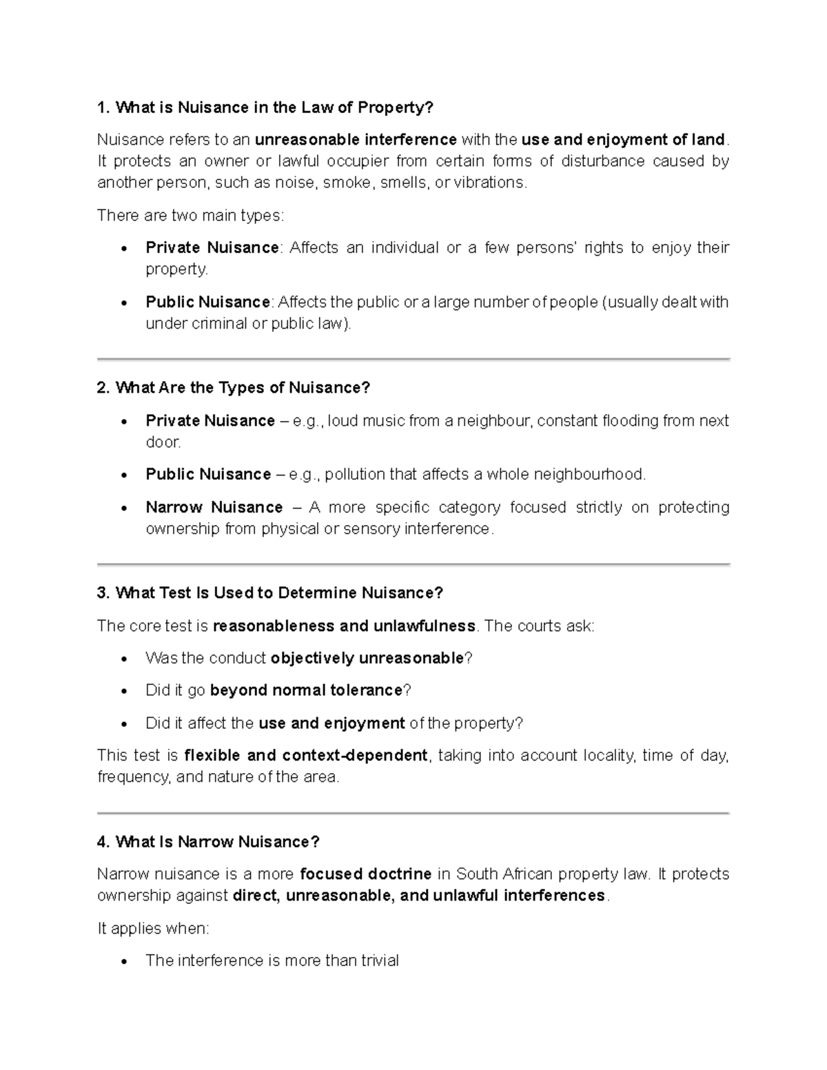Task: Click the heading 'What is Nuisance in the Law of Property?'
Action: [x=265, y=107]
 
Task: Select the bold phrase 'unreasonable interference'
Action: [x=356, y=140]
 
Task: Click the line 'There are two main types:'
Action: [x=190, y=216]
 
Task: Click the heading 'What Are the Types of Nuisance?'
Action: [x=234, y=388]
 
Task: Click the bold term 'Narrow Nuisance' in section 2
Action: [x=214, y=508]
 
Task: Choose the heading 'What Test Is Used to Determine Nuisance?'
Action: [x=270, y=593]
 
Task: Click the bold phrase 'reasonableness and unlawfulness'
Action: [x=344, y=626]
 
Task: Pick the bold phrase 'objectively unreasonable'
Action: [x=367, y=659]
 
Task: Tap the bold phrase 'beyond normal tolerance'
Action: [x=305, y=690]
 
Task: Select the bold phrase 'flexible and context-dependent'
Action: [x=306, y=756]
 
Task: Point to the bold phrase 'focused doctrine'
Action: [x=366, y=874]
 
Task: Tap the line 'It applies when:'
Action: [x=153, y=929]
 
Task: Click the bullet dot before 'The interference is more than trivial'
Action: [x=124, y=962]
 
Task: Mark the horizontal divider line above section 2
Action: [x=413, y=359]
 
